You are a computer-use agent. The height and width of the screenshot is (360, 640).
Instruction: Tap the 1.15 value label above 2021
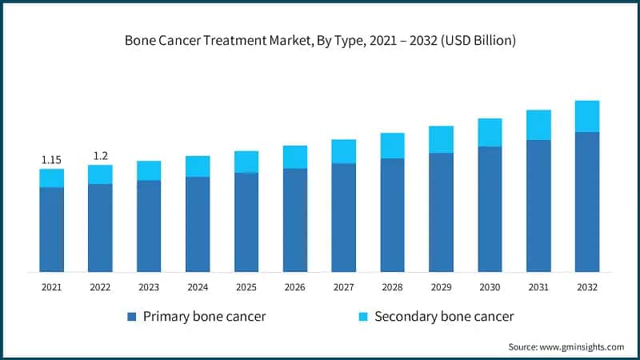(x=51, y=160)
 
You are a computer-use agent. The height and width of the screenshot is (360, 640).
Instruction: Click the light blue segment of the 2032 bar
(x=587, y=117)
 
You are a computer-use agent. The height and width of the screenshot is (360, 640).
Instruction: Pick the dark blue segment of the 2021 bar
(x=51, y=230)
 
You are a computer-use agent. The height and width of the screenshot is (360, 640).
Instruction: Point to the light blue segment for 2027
(x=344, y=152)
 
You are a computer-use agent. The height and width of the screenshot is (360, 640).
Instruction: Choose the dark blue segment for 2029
(x=441, y=212)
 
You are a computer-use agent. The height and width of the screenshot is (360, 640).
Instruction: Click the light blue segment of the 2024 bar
(x=198, y=166)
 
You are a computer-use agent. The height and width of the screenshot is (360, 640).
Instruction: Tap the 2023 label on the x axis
(x=149, y=287)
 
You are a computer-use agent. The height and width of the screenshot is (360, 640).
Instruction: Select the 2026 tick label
(x=295, y=287)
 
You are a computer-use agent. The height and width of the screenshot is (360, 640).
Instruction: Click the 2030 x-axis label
(x=490, y=287)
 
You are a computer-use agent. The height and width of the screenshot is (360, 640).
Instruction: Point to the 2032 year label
(x=587, y=287)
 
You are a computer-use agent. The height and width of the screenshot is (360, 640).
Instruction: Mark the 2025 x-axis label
(x=246, y=287)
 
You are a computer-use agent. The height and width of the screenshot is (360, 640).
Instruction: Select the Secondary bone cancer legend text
(x=444, y=317)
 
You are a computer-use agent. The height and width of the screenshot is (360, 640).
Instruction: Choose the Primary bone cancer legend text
(x=204, y=317)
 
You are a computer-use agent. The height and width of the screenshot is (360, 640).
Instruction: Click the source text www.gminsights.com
(x=566, y=346)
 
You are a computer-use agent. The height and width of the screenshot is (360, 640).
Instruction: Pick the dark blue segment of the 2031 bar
(x=538, y=206)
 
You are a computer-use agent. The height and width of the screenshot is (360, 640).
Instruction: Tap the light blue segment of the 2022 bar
(x=100, y=174)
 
